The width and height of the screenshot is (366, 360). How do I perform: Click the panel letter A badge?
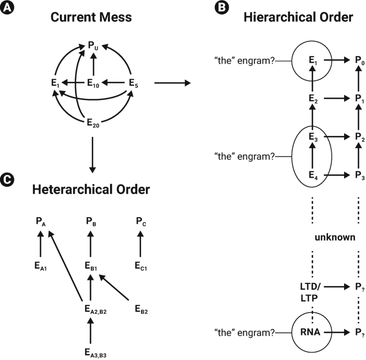[x=7, y=7]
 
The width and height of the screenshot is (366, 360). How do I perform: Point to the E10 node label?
[x=94, y=83]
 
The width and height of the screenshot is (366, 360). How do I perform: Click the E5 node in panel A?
[x=135, y=83]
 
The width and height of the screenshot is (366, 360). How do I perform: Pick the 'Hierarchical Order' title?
[x=298, y=18]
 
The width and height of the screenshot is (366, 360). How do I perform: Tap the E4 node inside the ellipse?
[x=313, y=175]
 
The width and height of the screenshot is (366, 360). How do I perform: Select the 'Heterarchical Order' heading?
[x=90, y=189]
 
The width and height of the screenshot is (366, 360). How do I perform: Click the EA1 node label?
[x=41, y=266]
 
